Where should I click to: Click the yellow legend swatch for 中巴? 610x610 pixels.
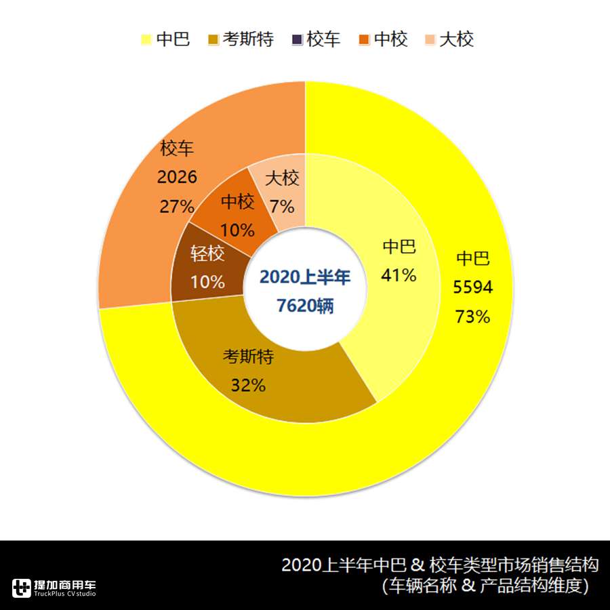click(145, 39)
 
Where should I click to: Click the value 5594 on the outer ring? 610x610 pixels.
click(473, 288)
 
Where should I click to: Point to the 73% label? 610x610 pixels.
click(473, 317)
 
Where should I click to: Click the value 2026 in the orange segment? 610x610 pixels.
click(177, 178)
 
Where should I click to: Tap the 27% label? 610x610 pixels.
click(177, 206)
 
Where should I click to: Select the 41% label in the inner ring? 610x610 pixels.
click(399, 274)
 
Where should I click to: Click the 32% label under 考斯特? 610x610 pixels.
click(248, 385)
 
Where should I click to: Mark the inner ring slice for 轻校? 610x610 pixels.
click(203, 271)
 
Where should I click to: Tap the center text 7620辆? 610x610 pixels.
click(305, 306)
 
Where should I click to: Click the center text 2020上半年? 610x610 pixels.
click(305, 277)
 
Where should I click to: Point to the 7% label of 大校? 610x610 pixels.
click(282, 205)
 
